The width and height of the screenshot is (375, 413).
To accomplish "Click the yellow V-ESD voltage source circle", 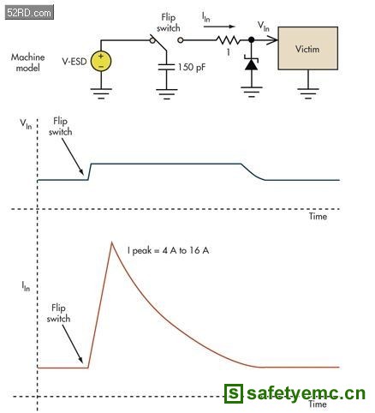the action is tap(101, 61).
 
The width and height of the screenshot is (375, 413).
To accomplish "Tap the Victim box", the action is tap(308, 48).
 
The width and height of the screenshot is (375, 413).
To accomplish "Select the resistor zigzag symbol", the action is tap(229, 40).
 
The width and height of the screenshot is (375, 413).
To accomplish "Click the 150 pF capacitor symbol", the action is tap(166, 67).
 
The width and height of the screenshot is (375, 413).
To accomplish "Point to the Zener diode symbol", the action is tap(252, 63).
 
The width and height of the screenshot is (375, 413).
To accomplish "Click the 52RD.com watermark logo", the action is tap(29, 12).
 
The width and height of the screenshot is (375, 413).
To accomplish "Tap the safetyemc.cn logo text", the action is tap(295, 393).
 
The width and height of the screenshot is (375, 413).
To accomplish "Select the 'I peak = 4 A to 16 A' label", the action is tap(168, 250).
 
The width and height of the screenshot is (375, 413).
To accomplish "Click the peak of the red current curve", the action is tap(112, 242).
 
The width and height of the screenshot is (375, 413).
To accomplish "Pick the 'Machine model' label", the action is tap(27, 63).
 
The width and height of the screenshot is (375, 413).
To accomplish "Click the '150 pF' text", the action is tap(192, 67).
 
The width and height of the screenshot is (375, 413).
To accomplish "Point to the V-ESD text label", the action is tap(74, 61).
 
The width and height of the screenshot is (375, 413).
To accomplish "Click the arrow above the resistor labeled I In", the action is tap(219, 27).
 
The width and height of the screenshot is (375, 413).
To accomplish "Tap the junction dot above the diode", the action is tap(252, 40).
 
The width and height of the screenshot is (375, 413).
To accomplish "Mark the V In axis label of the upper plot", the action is tap(26, 124).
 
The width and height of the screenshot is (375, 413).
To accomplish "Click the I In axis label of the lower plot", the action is tap(26, 286).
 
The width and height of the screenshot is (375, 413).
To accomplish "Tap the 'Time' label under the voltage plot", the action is tap(318, 216).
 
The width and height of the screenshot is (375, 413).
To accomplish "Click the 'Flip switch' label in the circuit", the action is tap(169, 22).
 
